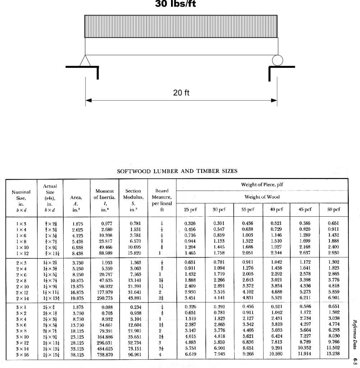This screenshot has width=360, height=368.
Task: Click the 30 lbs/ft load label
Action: (175, 4)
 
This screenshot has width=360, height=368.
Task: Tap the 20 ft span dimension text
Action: (181, 93)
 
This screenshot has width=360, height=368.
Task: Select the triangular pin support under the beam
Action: (85, 61)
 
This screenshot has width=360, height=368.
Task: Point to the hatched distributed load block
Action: (181, 26)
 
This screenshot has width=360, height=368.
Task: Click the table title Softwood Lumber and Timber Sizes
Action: (177, 171)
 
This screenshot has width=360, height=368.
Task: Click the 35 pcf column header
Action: (248, 209)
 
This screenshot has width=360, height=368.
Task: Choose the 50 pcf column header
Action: (334, 209)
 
